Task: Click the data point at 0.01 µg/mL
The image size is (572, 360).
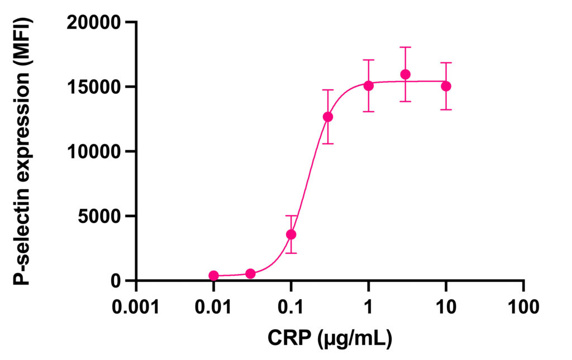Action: tap(213, 276)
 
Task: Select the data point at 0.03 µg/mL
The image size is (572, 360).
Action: tap(250, 273)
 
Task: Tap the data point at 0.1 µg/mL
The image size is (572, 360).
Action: tap(291, 234)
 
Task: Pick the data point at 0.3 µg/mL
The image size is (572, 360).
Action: tap(328, 117)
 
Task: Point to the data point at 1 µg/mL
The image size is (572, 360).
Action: tap(369, 85)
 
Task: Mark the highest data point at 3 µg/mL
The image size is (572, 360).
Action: tap(406, 74)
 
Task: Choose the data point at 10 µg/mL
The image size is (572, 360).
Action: tap(446, 86)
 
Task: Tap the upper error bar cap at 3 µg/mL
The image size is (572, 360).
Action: tap(406, 47)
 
